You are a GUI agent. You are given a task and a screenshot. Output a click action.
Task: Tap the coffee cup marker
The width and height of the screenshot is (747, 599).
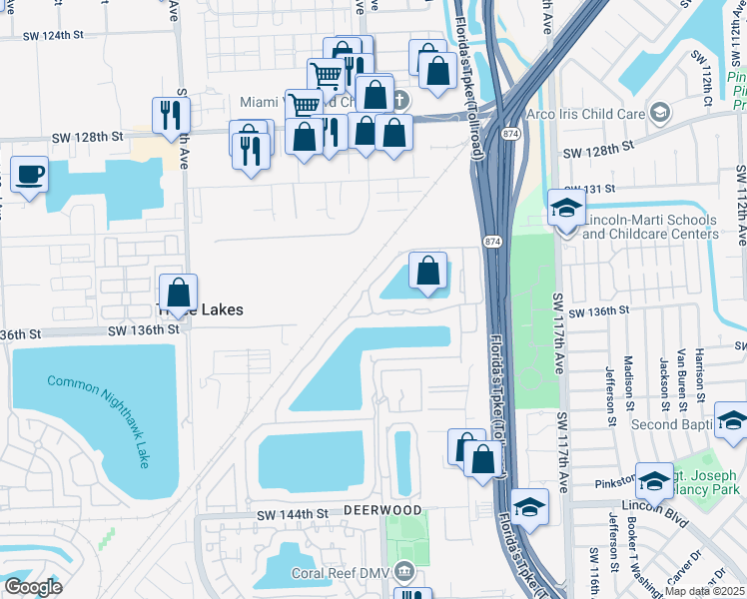tap(29, 176)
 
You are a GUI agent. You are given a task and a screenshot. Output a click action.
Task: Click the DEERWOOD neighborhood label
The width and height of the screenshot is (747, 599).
tap(383, 509)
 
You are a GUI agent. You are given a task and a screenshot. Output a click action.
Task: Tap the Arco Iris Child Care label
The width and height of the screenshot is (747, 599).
tap(588, 114)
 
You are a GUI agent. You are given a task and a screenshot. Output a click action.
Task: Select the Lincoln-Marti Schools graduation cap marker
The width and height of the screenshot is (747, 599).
tap(566, 210)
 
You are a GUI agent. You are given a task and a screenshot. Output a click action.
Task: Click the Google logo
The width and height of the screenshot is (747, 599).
tap(33, 587)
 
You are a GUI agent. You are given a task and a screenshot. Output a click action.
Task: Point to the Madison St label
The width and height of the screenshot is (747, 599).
tap(629, 374)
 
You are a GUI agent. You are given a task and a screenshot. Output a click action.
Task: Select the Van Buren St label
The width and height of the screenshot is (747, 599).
tap(681, 369)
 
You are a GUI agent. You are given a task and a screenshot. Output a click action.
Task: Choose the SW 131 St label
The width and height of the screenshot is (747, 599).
tap(588, 189)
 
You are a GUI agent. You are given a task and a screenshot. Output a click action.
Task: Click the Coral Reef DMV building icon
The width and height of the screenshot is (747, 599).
tap(404, 572)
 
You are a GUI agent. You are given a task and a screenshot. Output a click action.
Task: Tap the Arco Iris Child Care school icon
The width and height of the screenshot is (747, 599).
tap(659, 113)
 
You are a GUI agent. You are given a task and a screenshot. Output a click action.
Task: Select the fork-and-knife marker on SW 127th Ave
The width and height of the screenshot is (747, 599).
tap(172, 115)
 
